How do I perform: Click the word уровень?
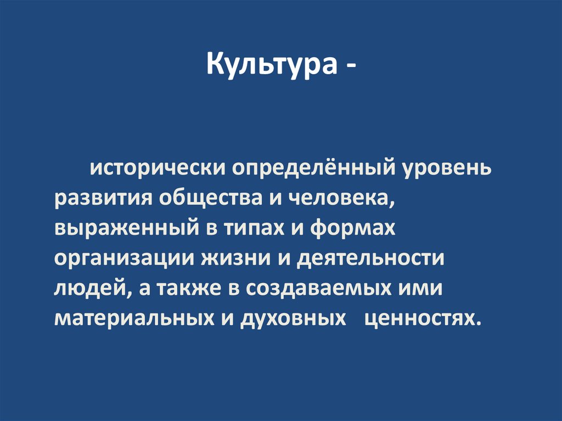click(447, 166)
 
